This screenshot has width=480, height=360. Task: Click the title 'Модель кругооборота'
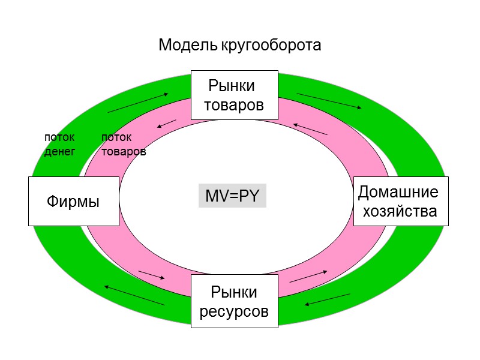tap(240, 45)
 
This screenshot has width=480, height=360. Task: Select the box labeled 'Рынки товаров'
tap(234, 95)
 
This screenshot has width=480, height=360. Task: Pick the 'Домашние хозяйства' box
tap(400, 202)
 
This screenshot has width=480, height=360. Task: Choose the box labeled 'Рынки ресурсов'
tap(234, 301)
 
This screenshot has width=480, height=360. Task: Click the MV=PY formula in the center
tap(232, 196)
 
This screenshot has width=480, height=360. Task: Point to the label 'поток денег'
tap(59, 145)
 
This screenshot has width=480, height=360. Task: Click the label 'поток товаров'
tap(123, 145)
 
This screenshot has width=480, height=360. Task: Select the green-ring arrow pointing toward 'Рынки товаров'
tap(139, 103)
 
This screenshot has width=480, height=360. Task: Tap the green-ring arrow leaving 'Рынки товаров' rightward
tap(329, 101)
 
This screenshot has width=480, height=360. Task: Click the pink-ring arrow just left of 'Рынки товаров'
tap(166, 124)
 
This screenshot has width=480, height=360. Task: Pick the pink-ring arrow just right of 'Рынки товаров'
tap(310, 129)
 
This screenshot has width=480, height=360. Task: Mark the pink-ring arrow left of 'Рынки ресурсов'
tap(151, 275)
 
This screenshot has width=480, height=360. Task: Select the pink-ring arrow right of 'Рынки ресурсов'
tap(308, 276)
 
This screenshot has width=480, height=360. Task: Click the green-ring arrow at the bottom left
tap(134, 295)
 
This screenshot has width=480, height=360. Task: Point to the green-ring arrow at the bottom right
tap(327, 299)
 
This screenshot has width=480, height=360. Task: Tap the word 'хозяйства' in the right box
tap(400, 211)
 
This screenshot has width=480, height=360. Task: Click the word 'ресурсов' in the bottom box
tap(234, 312)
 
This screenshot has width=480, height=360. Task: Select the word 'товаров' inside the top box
tap(234, 105)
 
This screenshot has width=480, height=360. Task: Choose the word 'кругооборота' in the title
tap(271, 45)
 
